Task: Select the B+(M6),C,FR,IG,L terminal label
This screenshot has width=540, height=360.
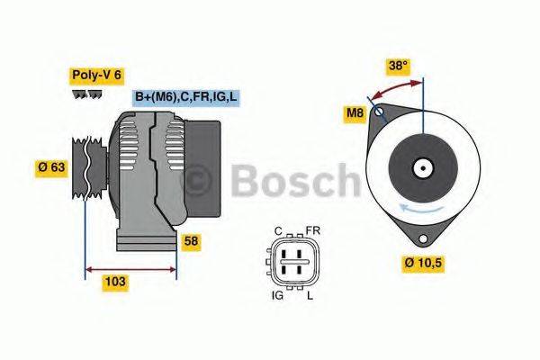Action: click(186, 96)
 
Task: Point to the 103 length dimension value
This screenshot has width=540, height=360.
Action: click(115, 282)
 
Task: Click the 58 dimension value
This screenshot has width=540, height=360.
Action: click(191, 241)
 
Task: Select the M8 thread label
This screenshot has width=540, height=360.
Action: click(356, 113)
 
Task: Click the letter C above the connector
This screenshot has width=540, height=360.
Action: click(279, 230)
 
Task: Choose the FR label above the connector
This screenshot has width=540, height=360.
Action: click(312, 230)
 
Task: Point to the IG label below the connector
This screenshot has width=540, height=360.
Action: click(278, 296)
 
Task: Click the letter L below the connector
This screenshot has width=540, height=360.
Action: click(310, 296)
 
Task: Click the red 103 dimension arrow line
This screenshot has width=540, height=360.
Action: click(130, 267)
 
